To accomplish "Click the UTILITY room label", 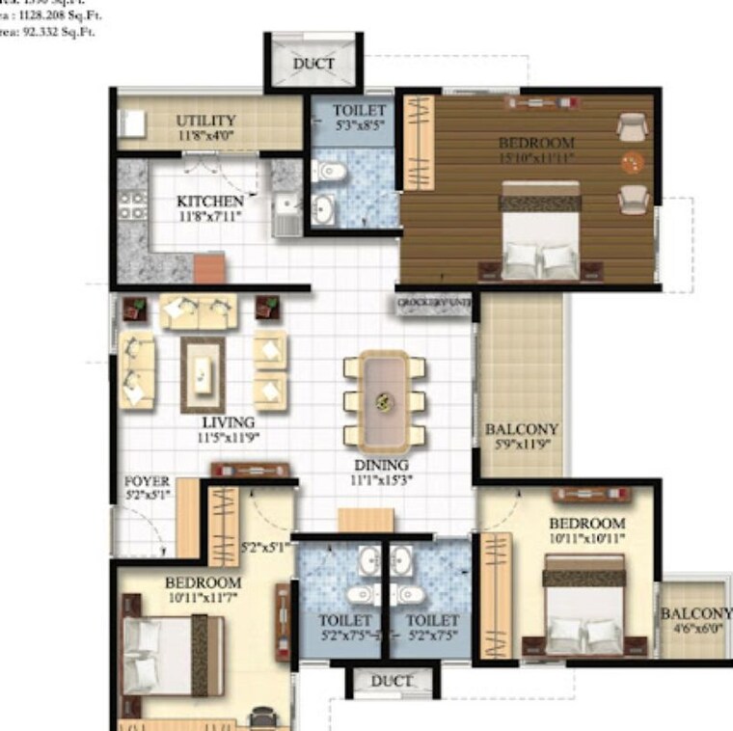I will coord(205,121).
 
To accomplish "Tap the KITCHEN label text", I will coord(209,201).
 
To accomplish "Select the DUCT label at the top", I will coord(313,64).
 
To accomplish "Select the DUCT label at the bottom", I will coord(392,681).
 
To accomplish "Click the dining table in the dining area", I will coord(385,400).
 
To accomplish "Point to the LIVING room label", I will coord(229,422).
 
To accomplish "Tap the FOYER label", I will coord(148,480).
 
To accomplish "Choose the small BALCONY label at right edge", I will coord(695,614).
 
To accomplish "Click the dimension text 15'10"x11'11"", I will coord(537,158).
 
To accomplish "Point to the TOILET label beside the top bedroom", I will coord(359,111).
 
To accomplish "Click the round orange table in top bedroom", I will coord(631,162).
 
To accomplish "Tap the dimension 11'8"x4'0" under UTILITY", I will coord(205,136).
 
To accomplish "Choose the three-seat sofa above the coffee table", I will coord(199,311).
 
